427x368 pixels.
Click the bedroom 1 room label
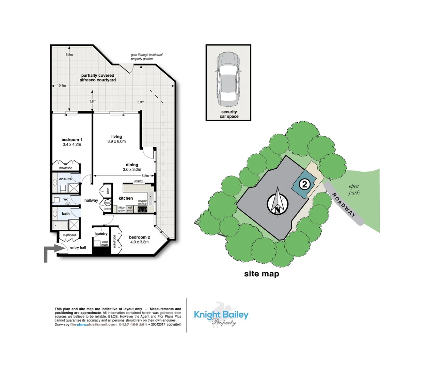(x=72, y=140)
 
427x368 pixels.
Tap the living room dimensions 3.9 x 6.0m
(x=116, y=141)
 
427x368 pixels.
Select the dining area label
(x=132, y=165)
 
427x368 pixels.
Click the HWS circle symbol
(x=108, y=202)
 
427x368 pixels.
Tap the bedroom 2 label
(x=139, y=237)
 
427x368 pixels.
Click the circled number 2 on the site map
(x=304, y=184)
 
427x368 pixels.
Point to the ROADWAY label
(x=344, y=205)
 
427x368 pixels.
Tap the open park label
(x=354, y=189)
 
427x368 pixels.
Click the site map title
(x=262, y=274)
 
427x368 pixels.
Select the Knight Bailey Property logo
(x=221, y=316)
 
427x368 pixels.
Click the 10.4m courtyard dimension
(x=61, y=86)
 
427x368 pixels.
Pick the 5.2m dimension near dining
(x=145, y=176)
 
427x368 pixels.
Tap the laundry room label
(x=101, y=233)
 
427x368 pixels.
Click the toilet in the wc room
(x=57, y=200)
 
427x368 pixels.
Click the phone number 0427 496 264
(x=133, y=325)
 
